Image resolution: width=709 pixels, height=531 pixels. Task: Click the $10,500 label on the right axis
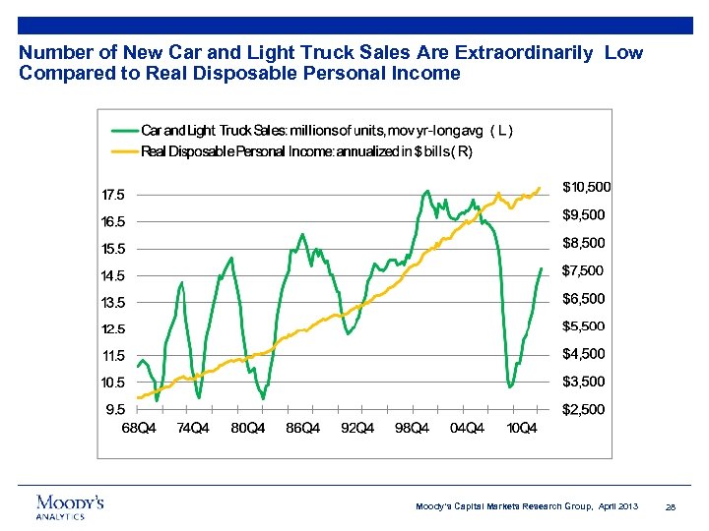[x=586, y=186]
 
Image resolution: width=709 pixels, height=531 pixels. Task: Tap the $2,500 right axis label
[x=583, y=409]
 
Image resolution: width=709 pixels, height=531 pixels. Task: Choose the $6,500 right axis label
[x=583, y=298]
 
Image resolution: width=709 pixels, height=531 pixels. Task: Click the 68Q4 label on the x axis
[x=138, y=428]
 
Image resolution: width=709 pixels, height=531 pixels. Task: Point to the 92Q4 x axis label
[x=357, y=428]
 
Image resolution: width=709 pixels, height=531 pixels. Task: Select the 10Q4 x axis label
[x=521, y=428]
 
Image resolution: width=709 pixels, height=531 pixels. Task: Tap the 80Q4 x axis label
[x=247, y=428]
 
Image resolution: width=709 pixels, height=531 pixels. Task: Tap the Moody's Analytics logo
[x=69, y=505]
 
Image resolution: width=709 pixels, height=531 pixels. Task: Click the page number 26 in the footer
[x=671, y=506]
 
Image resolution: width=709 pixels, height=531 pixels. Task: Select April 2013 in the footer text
[x=616, y=506]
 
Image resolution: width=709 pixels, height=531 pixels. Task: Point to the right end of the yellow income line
[x=540, y=188]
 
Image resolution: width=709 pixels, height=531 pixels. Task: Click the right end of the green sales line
[x=541, y=268]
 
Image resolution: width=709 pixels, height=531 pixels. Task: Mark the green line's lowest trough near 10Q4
[x=510, y=386]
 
